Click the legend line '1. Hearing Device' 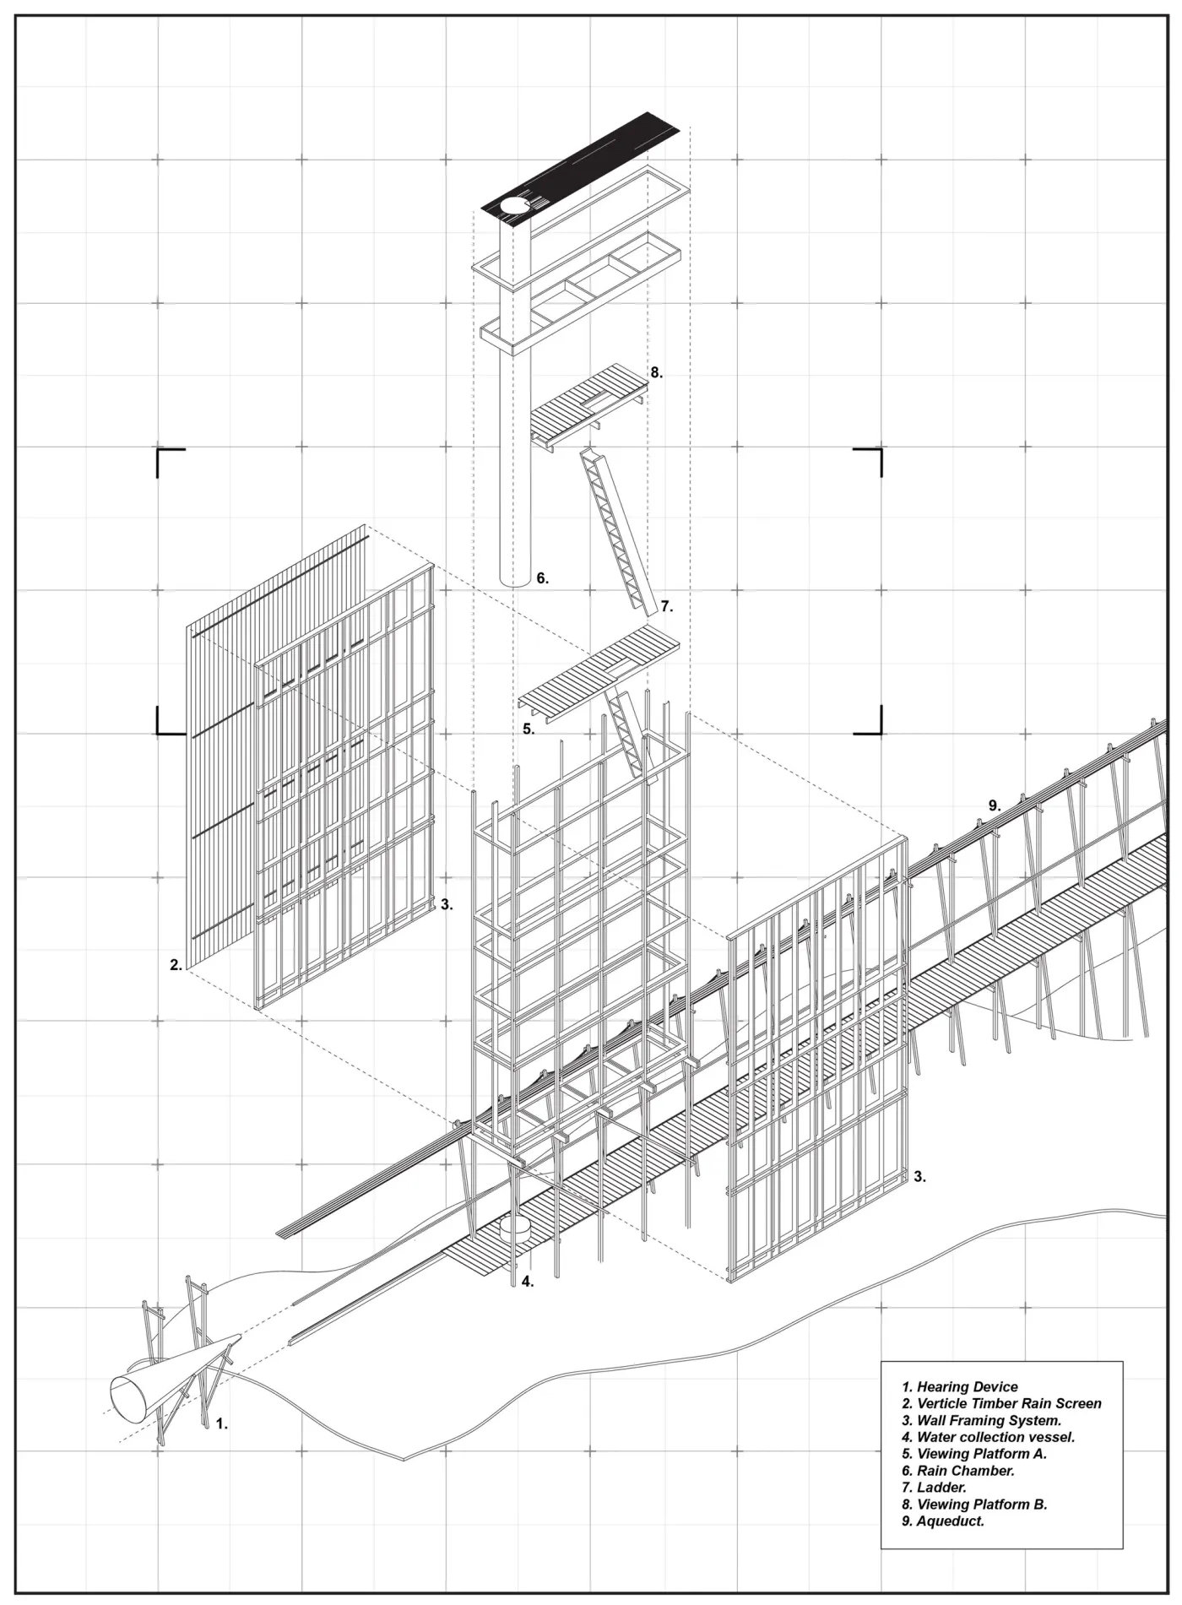(x=959, y=1386)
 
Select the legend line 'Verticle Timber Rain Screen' (x=1001, y=1403)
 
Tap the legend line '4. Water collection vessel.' (x=988, y=1437)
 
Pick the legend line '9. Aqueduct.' (x=942, y=1521)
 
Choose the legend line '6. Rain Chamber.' (x=957, y=1471)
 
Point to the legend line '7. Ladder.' (x=934, y=1488)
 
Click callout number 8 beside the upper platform (x=656, y=372)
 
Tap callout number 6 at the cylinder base (x=542, y=579)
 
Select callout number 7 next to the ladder (x=666, y=606)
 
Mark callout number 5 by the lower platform (x=528, y=729)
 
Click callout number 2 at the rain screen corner (x=176, y=964)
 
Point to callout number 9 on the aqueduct (x=995, y=806)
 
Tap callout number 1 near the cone (x=221, y=1423)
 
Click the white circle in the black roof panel (x=512, y=205)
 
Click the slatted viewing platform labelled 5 (x=598, y=670)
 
